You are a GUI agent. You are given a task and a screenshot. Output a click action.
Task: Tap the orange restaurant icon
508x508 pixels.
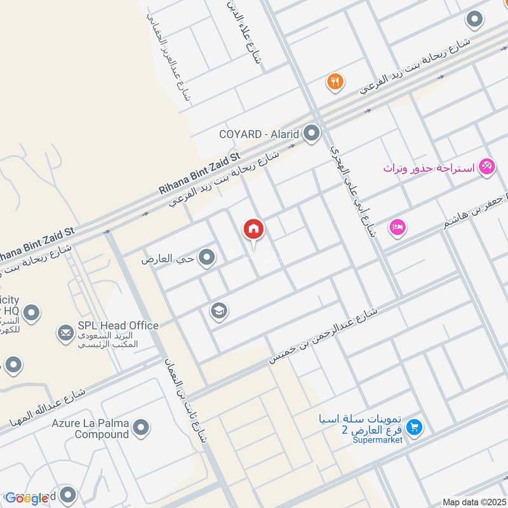click(335, 81)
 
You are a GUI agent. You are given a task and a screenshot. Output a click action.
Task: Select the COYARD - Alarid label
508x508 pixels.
click(259, 134)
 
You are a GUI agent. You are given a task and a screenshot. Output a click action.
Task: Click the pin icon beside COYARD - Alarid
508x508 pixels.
click(312, 133)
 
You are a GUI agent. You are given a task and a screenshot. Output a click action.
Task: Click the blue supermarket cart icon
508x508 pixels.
click(415, 427)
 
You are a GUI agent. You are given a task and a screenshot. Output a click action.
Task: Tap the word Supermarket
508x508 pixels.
click(378, 440)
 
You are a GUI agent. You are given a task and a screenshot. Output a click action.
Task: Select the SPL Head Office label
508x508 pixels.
click(118, 325)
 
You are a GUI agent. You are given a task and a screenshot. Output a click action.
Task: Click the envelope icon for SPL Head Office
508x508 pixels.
click(65, 332)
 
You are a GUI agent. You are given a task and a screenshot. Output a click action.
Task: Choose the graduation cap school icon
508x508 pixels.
click(219, 311)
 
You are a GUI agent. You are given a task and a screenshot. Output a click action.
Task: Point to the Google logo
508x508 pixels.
click(27, 498)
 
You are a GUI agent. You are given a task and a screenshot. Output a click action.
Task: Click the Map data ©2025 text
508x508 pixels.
click(473, 502)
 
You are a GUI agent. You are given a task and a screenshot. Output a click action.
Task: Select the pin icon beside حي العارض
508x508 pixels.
click(206, 257)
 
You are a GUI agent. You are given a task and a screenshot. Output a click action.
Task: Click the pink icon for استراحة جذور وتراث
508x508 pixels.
click(487, 167)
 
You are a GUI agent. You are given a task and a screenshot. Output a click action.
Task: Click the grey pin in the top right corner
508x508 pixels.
click(474, 20)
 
